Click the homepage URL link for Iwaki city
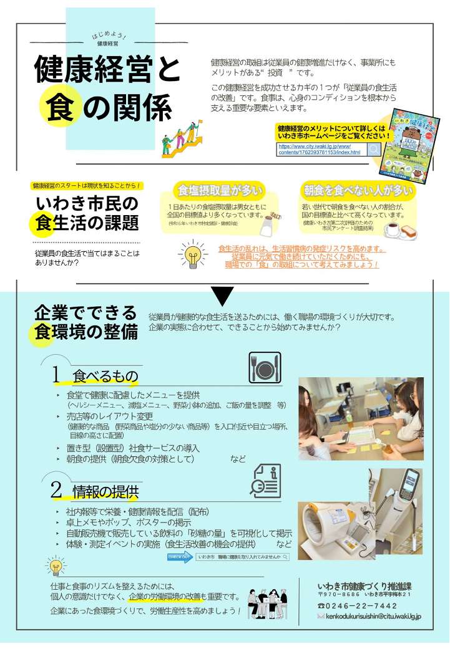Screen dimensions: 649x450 tap(319, 149)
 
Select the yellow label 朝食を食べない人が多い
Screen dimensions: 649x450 tap(358, 190)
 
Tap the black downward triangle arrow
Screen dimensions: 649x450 tap(223, 296)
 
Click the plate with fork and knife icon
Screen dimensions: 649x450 tap(265, 367)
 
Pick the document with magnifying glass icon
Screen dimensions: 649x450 tap(265, 481)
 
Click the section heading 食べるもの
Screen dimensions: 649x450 tap(105, 376)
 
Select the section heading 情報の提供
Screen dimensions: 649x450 tap(105, 491)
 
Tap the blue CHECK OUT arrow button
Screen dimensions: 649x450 tap(180, 557)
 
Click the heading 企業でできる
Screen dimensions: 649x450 tap(85, 312)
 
